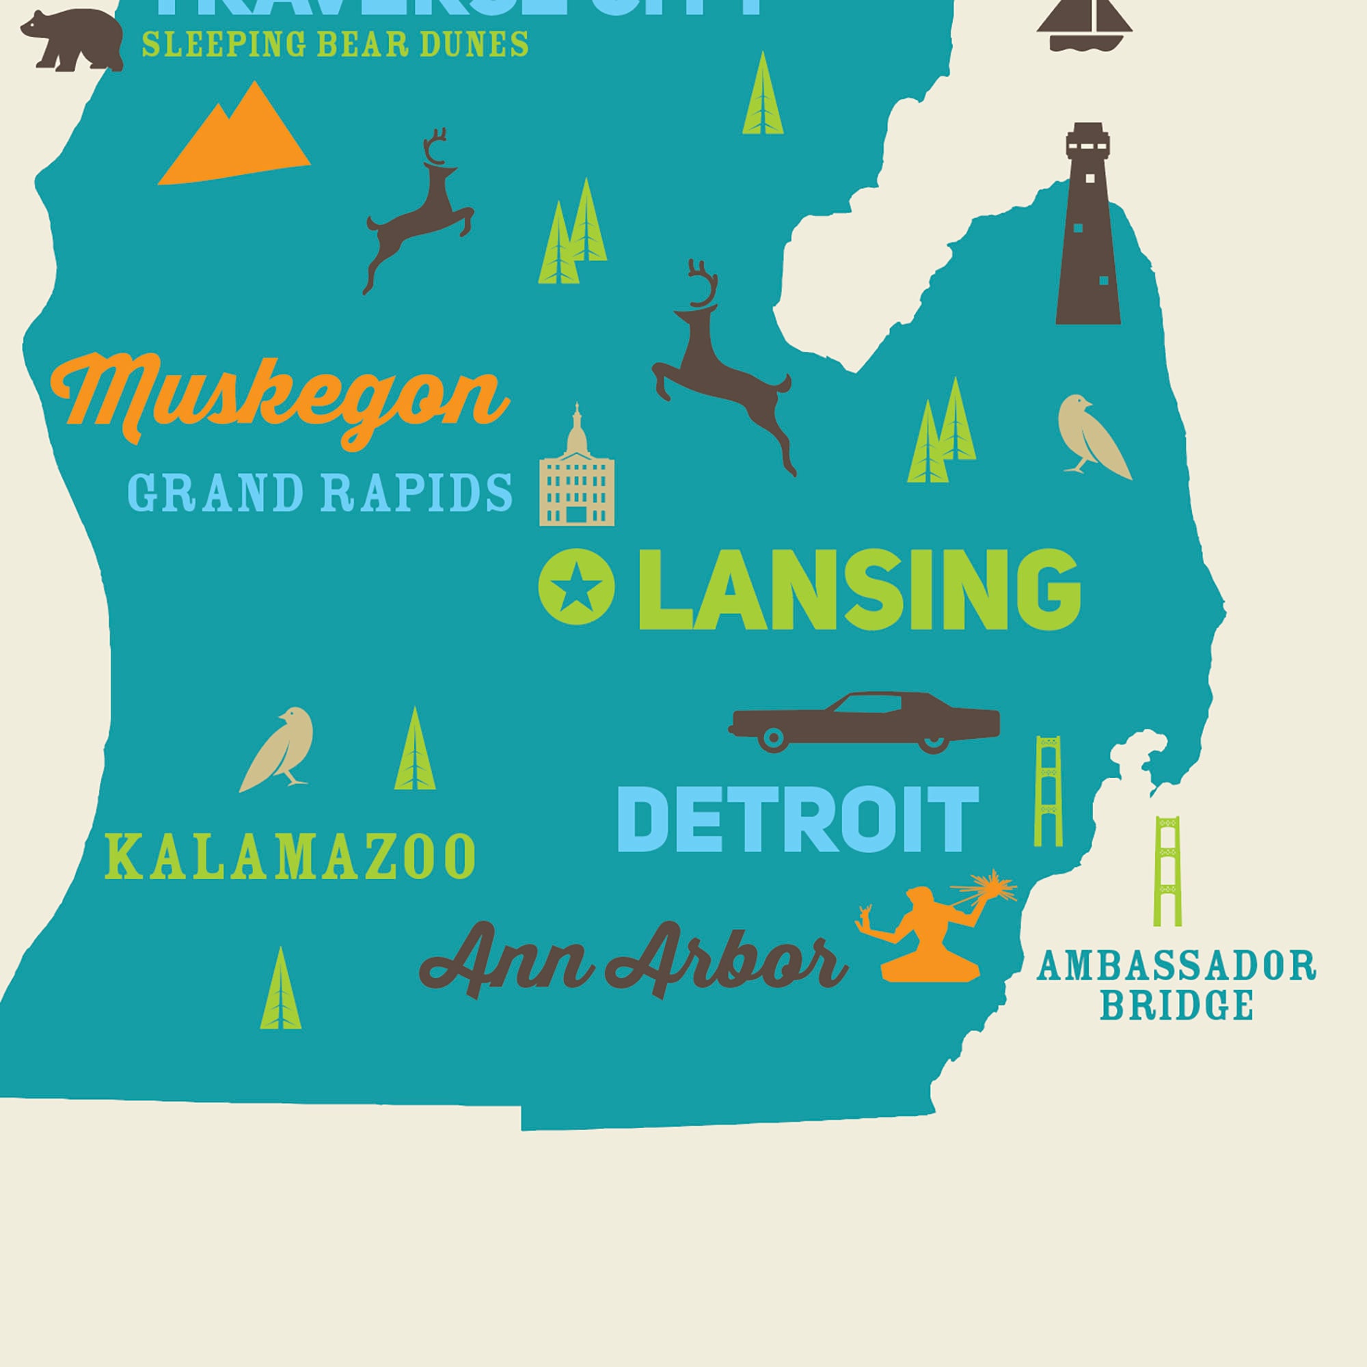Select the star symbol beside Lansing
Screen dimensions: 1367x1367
(x=576, y=586)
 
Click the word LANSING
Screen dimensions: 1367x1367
(x=859, y=590)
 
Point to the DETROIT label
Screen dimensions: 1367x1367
(x=798, y=820)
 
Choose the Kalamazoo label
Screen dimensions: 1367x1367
(x=290, y=857)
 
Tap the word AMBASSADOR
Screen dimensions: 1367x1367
(x=1175, y=966)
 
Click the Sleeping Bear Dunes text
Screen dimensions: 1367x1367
(x=335, y=44)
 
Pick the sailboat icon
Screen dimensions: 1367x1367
(x=1084, y=25)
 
